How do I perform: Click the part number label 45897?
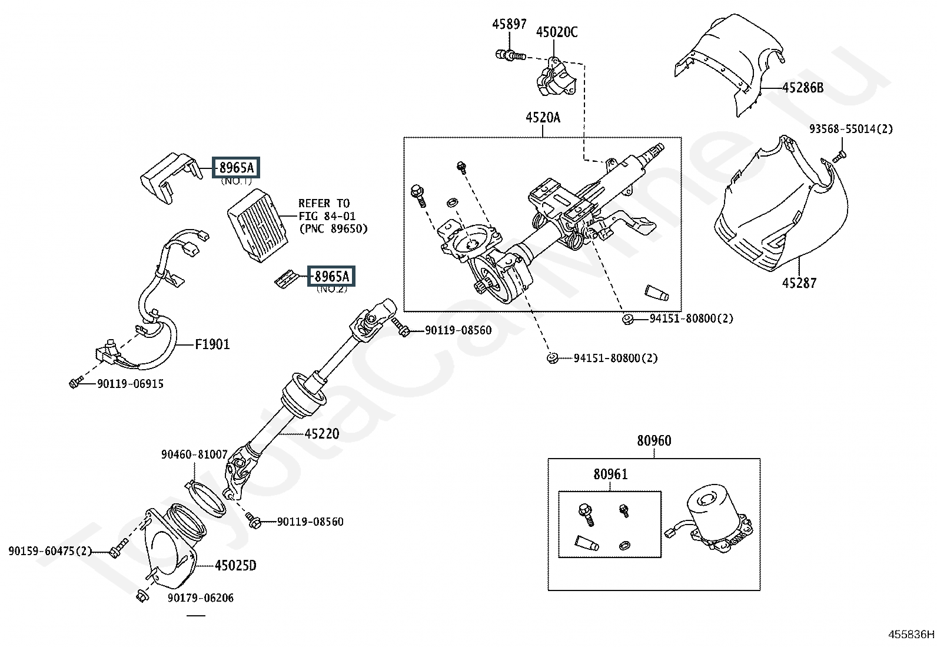509,24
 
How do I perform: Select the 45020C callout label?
557,32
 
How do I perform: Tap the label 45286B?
803,88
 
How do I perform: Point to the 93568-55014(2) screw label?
851,129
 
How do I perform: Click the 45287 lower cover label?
799,283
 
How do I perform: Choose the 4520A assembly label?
543,118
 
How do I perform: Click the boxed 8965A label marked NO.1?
236,167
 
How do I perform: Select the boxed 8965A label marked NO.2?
331,276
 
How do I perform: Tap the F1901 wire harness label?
212,344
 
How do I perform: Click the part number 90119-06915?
131,384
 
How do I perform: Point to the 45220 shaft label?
322,433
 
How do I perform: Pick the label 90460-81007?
194,454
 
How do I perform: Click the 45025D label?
235,566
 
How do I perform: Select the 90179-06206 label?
201,598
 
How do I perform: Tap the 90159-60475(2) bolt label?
50,551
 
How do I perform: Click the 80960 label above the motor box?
654,441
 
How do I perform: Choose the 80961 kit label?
610,474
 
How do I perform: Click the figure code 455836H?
912,635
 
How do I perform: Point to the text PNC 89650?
333,229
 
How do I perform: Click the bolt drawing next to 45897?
510,55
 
